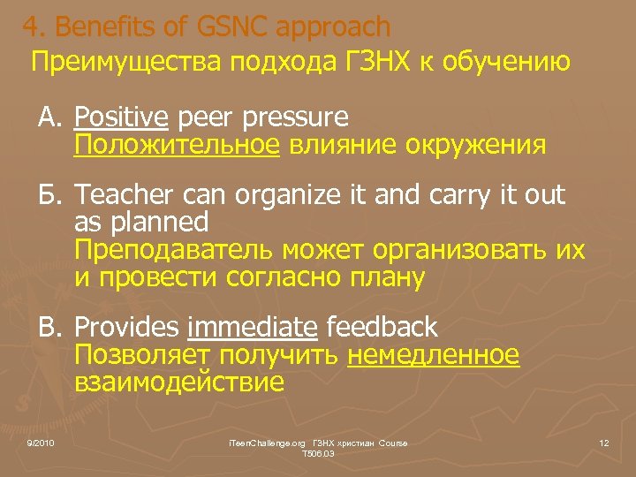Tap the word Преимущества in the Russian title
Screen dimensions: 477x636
click(x=129, y=63)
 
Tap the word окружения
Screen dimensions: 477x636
click(x=476, y=144)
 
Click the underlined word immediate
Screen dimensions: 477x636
click(x=253, y=328)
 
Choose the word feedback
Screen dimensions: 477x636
click(x=382, y=328)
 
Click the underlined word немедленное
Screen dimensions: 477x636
click(x=434, y=355)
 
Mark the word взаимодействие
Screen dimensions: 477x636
click(x=179, y=382)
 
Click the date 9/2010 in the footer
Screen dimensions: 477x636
click(x=41, y=442)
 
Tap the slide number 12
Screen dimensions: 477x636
click(x=604, y=442)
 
